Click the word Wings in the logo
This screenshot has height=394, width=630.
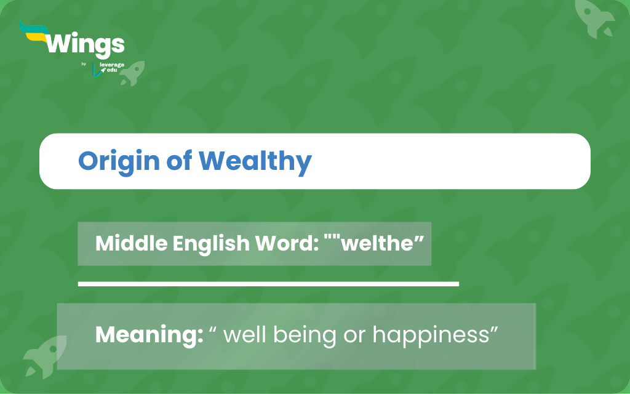[x=85, y=45]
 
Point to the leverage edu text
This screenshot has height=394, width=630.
[x=112, y=67]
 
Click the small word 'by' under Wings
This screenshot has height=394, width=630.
[x=84, y=64]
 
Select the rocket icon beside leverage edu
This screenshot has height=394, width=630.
[x=132, y=74]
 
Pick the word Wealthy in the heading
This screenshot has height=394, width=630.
[x=255, y=162]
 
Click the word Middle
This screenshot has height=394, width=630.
[x=132, y=243]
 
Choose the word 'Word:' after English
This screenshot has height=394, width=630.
[x=287, y=243]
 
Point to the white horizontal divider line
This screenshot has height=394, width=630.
[x=268, y=284]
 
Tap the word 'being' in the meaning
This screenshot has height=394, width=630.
[x=304, y=336]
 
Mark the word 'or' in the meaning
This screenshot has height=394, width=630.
[x=354, y=337]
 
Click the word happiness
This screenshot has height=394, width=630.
[x=430, y=336]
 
